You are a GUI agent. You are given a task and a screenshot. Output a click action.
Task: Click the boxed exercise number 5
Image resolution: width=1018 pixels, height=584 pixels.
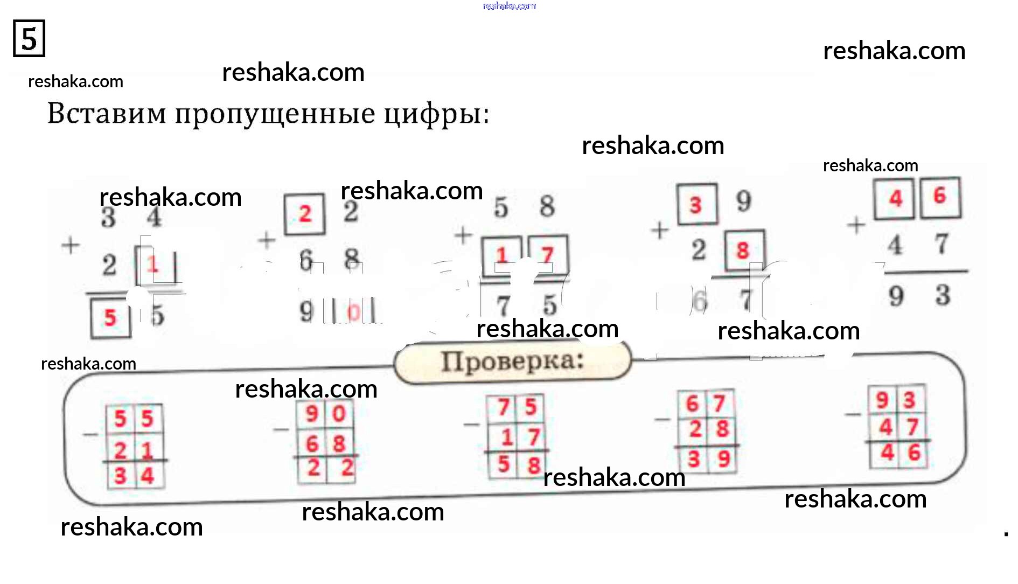click(29, 39)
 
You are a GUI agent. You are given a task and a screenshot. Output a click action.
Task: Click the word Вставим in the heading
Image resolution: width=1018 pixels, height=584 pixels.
click(107, 114)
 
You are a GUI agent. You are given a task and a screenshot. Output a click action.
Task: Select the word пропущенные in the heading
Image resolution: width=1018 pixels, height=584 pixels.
click(275, 115)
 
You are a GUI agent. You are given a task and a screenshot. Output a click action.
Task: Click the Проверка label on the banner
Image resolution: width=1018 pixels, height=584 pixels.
click(512, 361)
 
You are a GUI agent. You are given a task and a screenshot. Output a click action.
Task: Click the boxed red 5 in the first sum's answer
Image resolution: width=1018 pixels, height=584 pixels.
click(110, 318)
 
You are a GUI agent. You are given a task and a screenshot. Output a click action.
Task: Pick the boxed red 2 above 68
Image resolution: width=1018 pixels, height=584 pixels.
click(305, 214)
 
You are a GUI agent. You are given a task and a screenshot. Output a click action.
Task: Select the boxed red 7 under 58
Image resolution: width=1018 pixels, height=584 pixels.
click(548, 255)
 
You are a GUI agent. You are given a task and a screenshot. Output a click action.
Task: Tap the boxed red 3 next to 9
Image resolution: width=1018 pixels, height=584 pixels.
click(696, 205)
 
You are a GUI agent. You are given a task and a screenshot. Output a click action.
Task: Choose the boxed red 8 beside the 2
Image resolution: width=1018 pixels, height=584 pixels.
click(743, 250)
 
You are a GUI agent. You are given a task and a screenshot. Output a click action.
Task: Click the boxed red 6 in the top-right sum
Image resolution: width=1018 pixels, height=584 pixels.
click(940, 196)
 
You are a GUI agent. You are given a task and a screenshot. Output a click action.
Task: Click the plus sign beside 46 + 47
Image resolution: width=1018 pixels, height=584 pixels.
click(856, 225)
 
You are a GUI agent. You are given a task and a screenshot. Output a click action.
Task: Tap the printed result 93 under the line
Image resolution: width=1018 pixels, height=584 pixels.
click(919, 295)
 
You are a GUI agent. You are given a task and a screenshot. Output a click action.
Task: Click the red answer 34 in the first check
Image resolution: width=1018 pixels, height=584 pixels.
click(134, 476)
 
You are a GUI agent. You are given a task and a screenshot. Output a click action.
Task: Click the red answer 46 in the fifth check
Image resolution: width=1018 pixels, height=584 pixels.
click(900, 453)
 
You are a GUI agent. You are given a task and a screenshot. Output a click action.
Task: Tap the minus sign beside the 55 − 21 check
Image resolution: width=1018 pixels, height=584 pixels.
click(90, 434)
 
